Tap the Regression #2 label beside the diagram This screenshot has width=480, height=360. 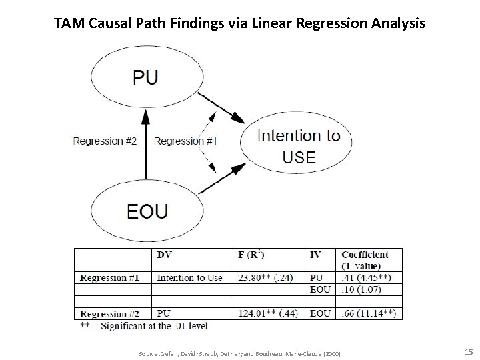(x=105, y=141)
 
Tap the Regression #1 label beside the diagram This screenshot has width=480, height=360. (x=185, y=141)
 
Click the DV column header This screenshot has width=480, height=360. (x=164, y=255)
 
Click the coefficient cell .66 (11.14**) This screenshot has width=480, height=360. (x=369, y=313)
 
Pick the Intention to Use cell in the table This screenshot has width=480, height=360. (x=190, y=277)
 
